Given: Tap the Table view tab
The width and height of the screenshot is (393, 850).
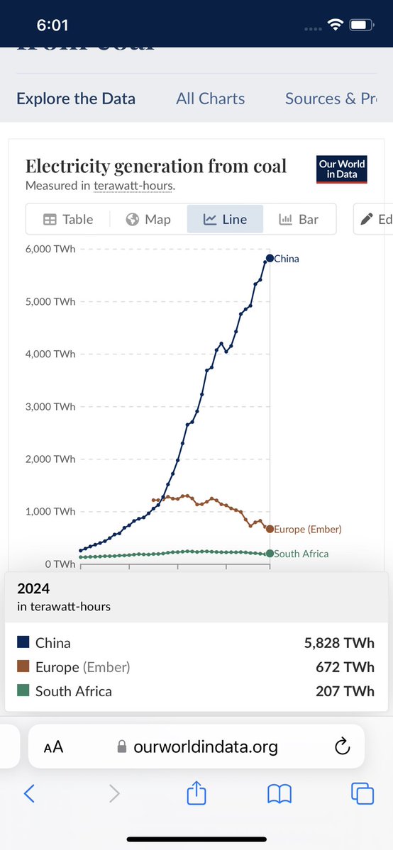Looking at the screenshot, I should point(68,219).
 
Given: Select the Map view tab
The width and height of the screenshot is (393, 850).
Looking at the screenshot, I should point(148,219).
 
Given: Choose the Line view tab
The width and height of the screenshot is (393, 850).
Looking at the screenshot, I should point(225,219).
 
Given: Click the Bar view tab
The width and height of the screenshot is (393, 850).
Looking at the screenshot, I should point(299,219).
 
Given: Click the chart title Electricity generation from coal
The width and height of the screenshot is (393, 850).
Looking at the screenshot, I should point(156,166).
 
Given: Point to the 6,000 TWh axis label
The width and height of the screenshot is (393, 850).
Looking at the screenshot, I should point(50,249).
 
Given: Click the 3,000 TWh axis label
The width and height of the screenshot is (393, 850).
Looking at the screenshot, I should point(50,406).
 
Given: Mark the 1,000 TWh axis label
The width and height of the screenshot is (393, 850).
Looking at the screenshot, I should point(50,511).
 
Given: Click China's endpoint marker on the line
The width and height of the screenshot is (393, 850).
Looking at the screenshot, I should point(270,258).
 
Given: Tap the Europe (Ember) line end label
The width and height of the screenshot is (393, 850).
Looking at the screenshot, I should point(308,530).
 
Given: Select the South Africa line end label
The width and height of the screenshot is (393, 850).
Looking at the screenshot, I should point(301,554).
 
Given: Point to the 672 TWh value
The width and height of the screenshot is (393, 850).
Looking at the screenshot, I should point(345,667).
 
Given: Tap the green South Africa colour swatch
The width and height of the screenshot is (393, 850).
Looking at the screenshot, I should point(23,690).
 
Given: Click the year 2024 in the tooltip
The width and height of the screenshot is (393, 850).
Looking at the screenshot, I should point(33,588).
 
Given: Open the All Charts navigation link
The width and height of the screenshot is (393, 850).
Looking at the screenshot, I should point(211,99).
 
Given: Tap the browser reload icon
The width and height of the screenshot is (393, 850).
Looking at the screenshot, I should point(342,746).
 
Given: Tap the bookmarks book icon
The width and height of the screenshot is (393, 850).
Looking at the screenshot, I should point(279,794).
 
